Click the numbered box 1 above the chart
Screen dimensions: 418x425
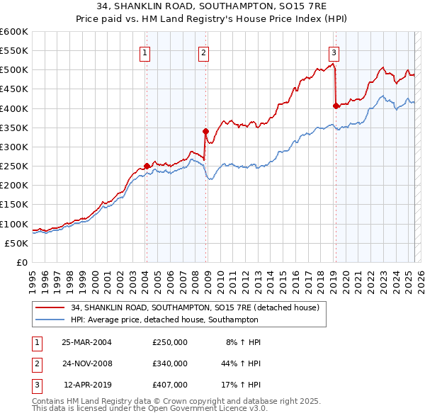144,52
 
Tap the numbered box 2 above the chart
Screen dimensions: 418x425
203,52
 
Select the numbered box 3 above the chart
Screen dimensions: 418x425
334,52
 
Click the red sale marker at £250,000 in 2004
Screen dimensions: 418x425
147,166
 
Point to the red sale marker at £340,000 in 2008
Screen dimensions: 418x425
205,131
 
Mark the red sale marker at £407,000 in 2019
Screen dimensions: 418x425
336,106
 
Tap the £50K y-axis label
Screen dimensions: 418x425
17,243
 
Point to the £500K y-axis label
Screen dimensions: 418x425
14,70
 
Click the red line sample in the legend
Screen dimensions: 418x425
51,308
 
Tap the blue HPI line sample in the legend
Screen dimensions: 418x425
51,320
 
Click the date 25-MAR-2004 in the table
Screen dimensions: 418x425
87,342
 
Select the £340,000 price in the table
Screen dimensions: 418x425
170,363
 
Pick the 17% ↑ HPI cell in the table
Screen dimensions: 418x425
241,385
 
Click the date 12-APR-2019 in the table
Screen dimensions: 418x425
87,385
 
